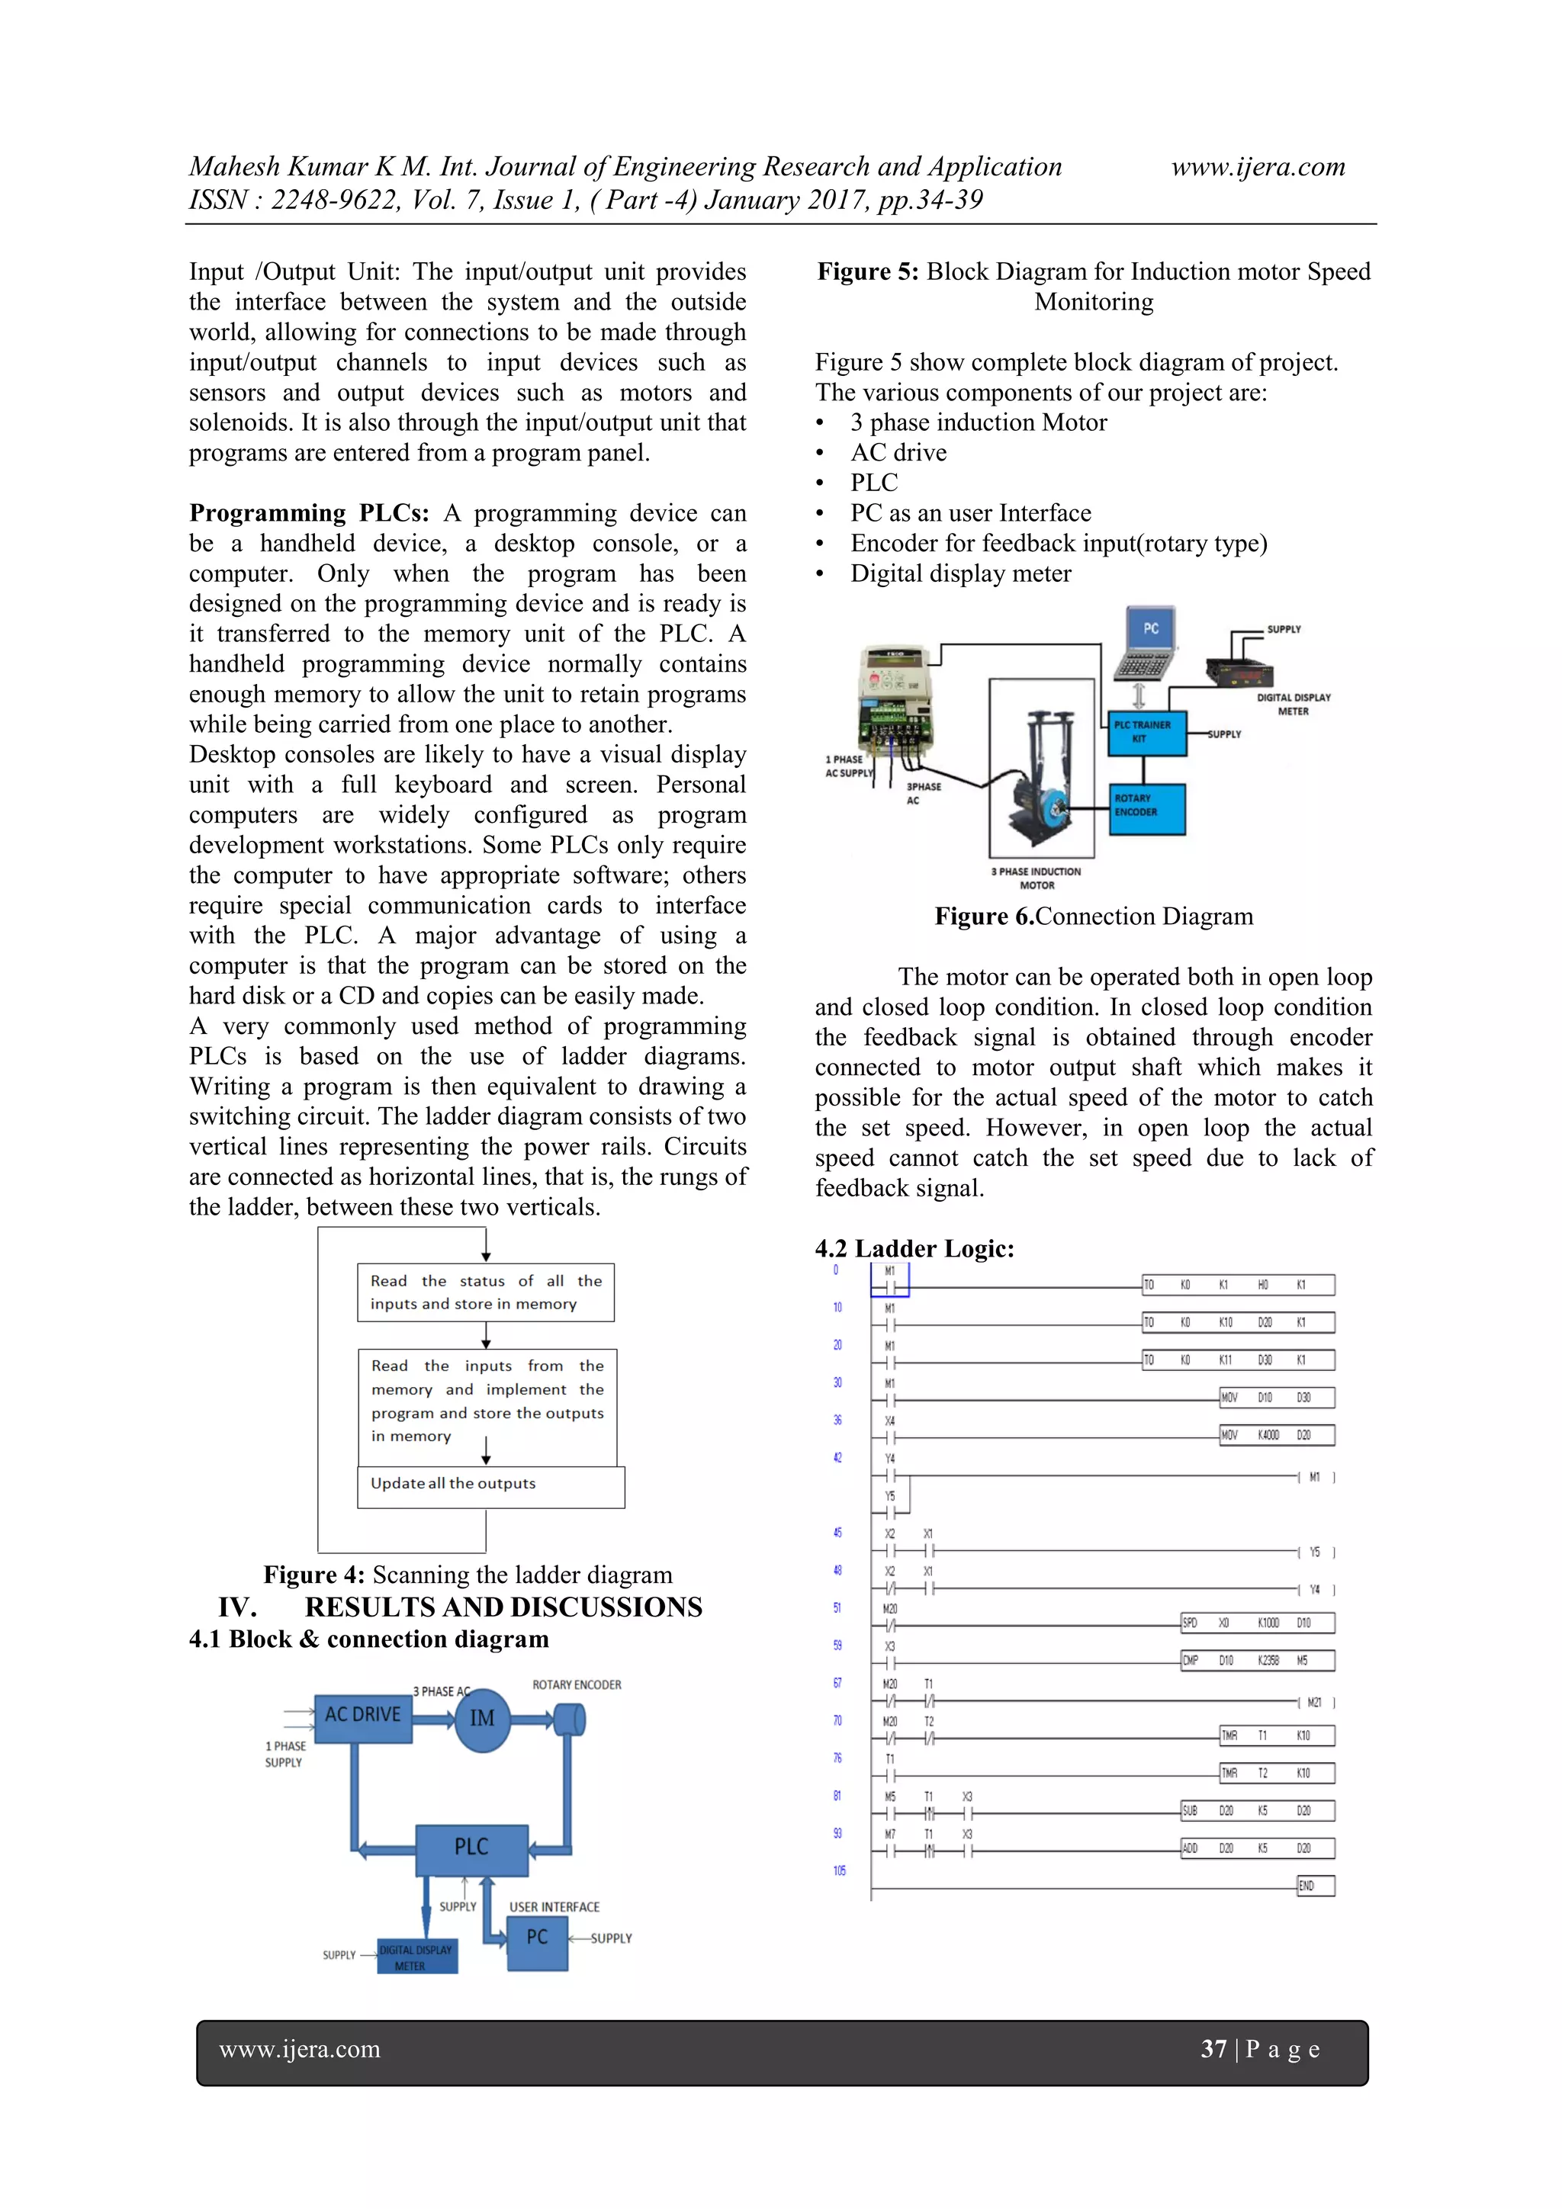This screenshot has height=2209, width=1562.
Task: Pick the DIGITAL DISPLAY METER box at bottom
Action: coord(416,1956)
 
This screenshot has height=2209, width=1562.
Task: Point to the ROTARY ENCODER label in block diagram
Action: coord(577,1684)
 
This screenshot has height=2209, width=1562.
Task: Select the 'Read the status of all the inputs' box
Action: coord(485,1292)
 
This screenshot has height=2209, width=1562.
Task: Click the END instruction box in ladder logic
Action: coord(1315,1886)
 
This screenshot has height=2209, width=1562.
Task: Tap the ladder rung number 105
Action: coord(839,1871)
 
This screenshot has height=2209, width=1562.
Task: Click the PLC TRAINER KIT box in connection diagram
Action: coord(1147,732)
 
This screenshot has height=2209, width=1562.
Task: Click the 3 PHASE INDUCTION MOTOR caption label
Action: coord(1037,878)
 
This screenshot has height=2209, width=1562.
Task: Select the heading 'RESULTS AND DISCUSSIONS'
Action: coord(503,1607)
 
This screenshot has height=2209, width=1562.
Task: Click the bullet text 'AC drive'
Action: coord(898,452)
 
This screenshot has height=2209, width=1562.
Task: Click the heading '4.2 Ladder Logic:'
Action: coord(914,1248)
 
